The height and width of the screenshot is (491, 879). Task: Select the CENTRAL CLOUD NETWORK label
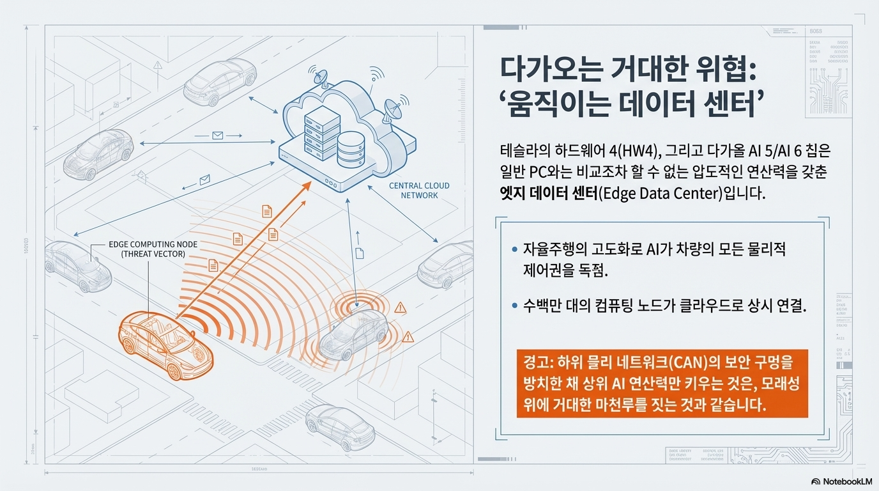tap(419, 190)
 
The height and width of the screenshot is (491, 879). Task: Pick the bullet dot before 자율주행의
tap(515, 249)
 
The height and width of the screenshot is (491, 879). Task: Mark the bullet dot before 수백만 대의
tap(515, 306)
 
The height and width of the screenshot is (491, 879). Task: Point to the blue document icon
tap(359, 253)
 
